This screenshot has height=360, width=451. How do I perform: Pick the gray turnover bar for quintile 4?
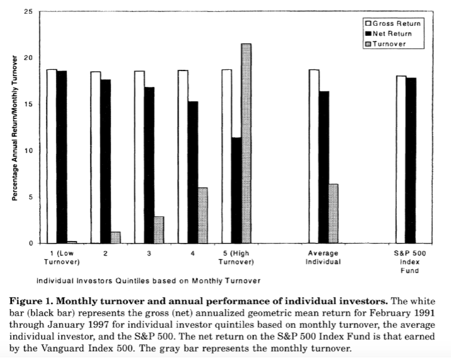tap(203, 215)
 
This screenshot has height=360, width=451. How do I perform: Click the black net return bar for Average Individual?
tap(324, 167)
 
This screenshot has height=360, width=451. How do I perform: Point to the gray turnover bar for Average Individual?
tap(333, 213)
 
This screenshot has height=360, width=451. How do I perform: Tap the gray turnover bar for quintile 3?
tap(159, 230)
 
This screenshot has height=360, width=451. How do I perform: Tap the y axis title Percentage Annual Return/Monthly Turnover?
tap(14, 129)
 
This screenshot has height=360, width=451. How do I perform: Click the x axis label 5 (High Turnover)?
tap(237, 257)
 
